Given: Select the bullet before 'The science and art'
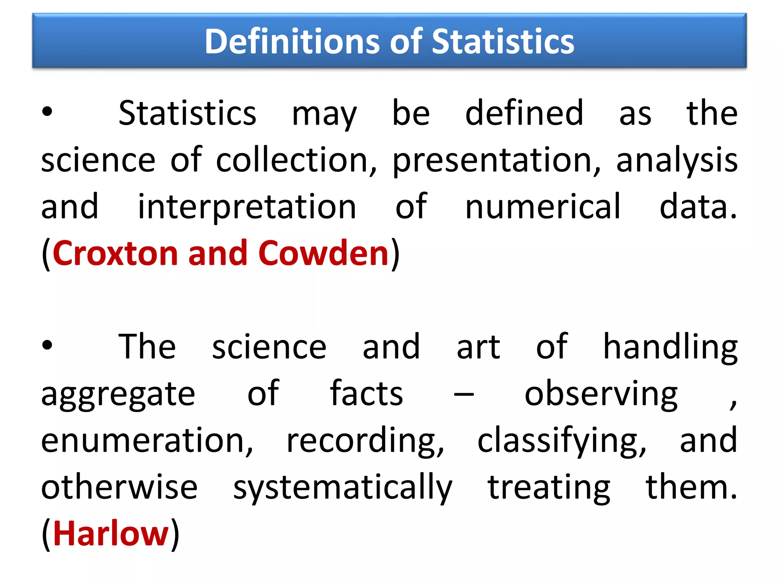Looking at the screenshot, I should point(47,345).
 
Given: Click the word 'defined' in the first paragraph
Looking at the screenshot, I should point(524,113).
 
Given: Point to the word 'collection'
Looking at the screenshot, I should point(296,160).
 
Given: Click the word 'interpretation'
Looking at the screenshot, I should point(247,207).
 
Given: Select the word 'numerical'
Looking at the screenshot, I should point(543,206).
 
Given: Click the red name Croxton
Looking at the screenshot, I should point(115,253).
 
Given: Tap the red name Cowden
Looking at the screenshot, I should point(323,253).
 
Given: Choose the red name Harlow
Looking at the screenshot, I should point(111,533).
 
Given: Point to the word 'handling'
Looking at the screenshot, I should point(670,347).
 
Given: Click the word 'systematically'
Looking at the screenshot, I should point(342,488).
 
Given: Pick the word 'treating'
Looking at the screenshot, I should point(549,488).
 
